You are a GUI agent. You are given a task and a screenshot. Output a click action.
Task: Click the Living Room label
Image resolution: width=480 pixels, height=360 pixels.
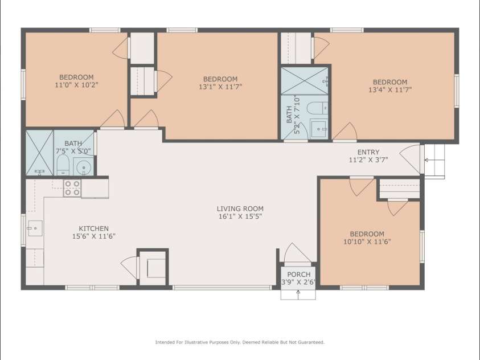240,208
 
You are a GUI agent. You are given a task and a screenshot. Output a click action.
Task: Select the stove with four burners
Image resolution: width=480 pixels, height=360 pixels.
72,188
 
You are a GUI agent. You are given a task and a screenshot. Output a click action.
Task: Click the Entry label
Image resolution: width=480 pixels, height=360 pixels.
368,152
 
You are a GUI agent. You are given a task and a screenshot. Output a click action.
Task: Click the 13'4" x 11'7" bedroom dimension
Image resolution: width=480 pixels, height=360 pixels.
390,89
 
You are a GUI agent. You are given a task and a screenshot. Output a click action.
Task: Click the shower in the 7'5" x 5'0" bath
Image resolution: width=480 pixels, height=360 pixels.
40,152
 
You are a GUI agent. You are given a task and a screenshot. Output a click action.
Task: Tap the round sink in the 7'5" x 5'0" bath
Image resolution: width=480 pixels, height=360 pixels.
83,167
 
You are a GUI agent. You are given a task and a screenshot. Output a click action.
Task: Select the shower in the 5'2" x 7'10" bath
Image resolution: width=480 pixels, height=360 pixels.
305,81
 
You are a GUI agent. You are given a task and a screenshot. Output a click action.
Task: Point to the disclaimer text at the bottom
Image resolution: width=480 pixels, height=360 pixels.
240,342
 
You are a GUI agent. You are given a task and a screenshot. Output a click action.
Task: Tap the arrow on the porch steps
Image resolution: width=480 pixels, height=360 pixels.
298,294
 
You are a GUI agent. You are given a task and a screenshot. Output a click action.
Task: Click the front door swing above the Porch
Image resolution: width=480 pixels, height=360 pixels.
296,254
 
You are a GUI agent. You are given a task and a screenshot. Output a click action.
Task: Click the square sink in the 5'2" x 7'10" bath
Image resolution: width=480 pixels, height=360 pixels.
318,128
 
